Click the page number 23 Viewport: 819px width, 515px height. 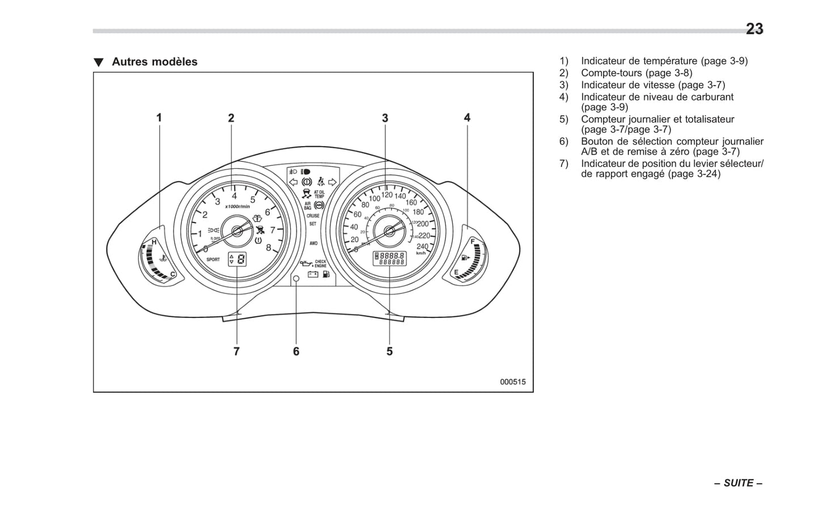coord(754,29)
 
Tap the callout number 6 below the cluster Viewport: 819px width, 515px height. coord(296,351)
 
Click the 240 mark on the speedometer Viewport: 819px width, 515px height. coord(422,246)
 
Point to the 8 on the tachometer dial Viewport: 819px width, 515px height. coord(269,248)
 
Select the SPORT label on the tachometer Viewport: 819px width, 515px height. coord(213,259)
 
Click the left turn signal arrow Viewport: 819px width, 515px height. coord(293,182)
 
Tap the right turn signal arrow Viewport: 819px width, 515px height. coord(333,182)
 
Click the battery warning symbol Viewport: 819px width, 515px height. coord(312,275)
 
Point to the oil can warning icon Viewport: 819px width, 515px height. coord(307,264)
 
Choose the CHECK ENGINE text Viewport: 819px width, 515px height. coord(320,264)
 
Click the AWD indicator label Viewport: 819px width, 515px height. coord(313,243)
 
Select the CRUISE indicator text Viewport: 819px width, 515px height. coord(313,216)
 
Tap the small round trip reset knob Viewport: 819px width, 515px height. coord(296,278)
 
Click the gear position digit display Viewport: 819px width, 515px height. coord(241,259)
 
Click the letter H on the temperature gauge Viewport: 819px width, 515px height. coord(154,242)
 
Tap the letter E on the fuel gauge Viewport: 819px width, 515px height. coord(456,273)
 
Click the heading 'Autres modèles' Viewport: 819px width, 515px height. coord(154,62)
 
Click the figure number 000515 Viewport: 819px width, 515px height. coord(512,382)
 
